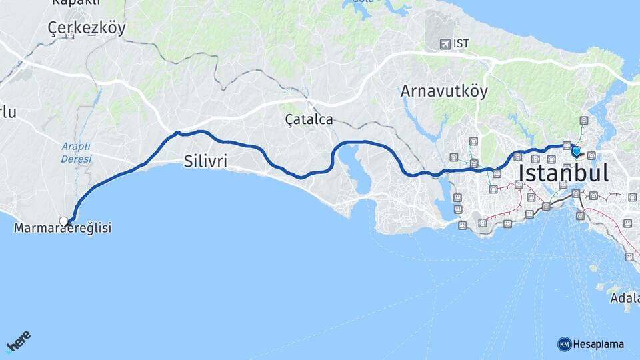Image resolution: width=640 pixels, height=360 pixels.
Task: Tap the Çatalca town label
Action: (309, 120)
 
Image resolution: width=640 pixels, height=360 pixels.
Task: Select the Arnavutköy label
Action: (444, 91)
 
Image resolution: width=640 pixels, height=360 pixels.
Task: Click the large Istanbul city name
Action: (563, 174)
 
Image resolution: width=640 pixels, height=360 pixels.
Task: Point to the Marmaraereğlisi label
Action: (63, 229)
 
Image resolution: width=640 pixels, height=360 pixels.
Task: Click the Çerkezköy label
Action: (87, 28)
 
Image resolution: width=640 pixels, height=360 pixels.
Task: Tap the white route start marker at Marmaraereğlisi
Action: (64, 221)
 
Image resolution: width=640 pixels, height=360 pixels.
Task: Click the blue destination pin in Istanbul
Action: (577, 152)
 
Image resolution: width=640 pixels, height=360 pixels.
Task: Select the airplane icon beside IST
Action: (445, 44)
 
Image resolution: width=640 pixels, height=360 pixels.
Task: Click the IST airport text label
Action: (461, 44)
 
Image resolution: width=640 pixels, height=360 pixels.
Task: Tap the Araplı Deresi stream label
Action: (76, 153)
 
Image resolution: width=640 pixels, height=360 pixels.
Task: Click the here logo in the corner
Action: (19, 342)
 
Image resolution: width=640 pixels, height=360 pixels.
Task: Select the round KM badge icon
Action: (564, 344)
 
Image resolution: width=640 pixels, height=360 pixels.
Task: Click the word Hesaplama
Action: (599, 344)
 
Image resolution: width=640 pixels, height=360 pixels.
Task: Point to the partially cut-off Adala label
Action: (625, 298)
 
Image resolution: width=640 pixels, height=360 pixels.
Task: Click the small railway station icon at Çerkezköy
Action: (70, 37)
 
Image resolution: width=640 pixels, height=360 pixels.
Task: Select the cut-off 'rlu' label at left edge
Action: (8, 113)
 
